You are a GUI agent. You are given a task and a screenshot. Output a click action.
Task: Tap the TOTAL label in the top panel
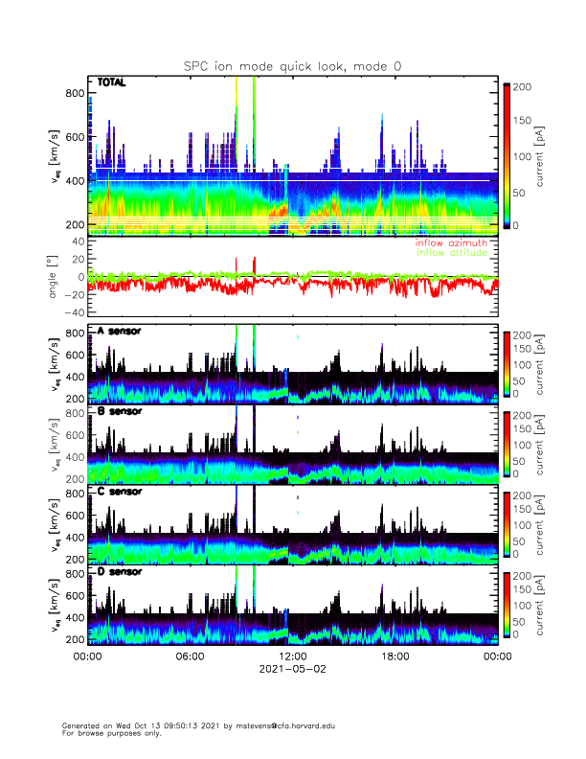tap(112, 83)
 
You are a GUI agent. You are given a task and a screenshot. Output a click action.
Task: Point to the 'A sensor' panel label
tap(119, 332)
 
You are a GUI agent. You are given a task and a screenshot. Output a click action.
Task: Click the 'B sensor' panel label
tap(119, 412)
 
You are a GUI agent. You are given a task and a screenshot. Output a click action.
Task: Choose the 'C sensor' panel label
tap(119, 492)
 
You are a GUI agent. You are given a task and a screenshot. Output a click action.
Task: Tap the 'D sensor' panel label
tap(119, 572)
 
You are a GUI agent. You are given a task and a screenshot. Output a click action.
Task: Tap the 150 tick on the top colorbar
tap(523, 121)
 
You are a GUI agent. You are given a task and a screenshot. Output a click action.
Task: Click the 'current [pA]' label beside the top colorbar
tap(540, 156)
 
